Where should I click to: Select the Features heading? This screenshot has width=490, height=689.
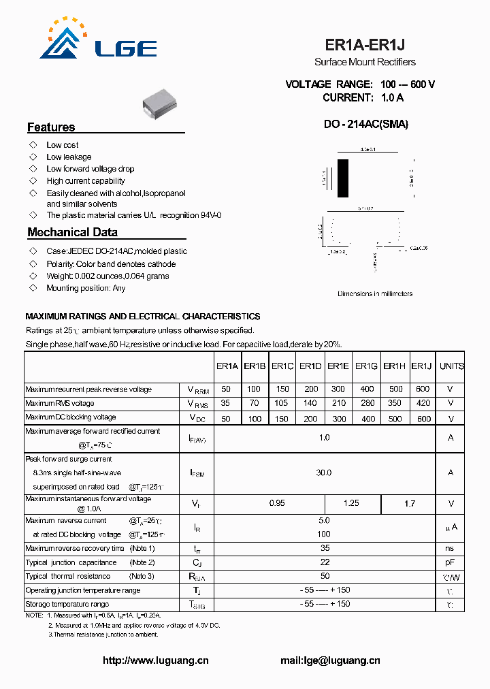(51, 127)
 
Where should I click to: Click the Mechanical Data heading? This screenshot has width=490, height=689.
(72, 232)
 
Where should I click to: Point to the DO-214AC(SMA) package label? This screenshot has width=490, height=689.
(366, 125)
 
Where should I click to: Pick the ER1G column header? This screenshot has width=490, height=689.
(366, 366)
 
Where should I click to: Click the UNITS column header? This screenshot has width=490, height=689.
(451, 366)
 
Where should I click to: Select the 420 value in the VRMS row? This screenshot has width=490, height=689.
(423, 403)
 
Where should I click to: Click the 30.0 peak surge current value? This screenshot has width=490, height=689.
(324, 472)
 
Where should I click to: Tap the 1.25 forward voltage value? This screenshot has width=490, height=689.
(351, 504)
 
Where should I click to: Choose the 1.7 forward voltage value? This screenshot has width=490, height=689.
(409, 504)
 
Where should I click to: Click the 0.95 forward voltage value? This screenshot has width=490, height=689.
(277, 504)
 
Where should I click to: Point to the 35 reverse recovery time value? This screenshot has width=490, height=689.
(325, 548)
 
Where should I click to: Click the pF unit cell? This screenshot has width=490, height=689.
(451, 562)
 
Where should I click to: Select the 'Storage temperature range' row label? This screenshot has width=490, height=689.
(67, 604)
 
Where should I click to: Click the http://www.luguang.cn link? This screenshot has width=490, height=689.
(155, 660)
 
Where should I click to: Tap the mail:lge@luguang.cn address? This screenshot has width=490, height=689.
(330, 660)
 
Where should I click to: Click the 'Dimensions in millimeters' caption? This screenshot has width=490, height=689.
(375, 294)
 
